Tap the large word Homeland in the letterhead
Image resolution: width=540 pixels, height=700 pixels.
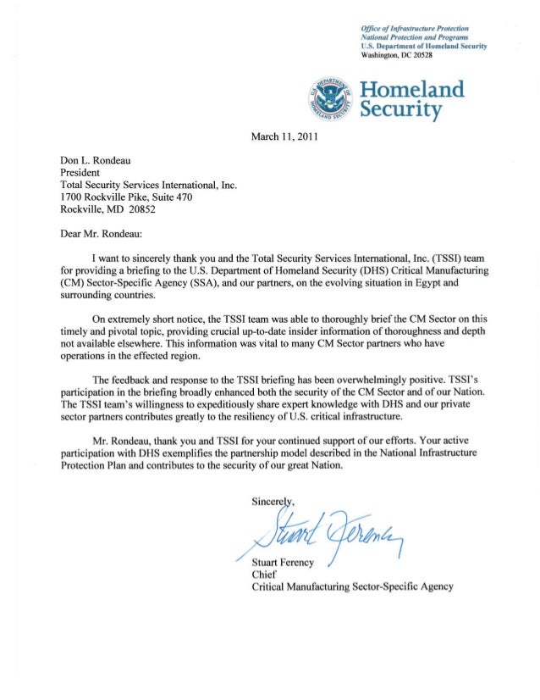coord(412,90)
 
